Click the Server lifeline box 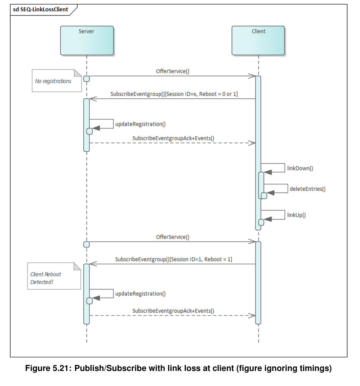(x=87, y=40)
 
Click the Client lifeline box (x=258, y=40)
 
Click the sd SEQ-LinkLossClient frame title (x=41, y=9)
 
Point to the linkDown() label (x=300, y=168)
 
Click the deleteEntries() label (x=308, y=189)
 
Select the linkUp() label (x=296, y=215)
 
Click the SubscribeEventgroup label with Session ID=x (x=174, y=94)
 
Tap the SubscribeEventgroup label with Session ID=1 (x=174, y=259)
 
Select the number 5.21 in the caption (x=62, y=368)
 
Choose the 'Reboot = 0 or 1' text (x=219, y=94)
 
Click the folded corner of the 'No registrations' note (x=78, y=73)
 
